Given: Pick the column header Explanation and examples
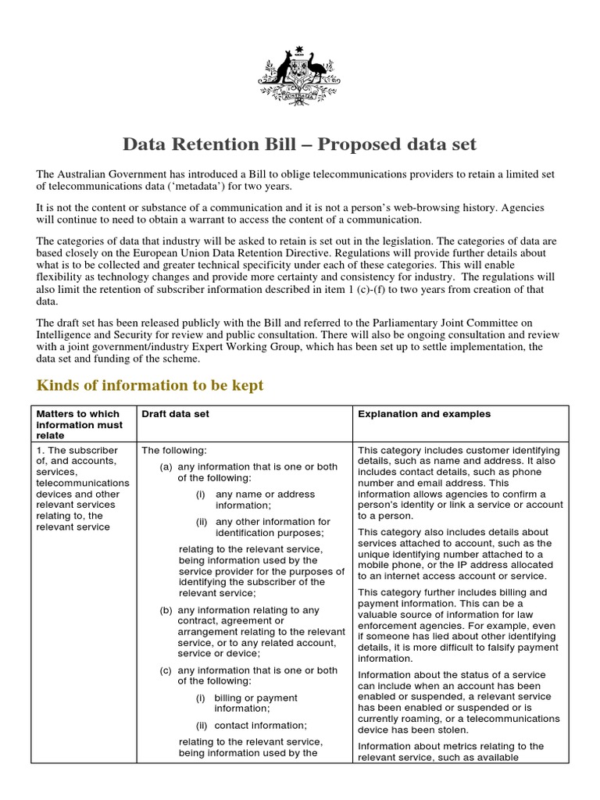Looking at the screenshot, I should coord(424,414).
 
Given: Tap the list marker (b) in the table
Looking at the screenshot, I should coord(166,610).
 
